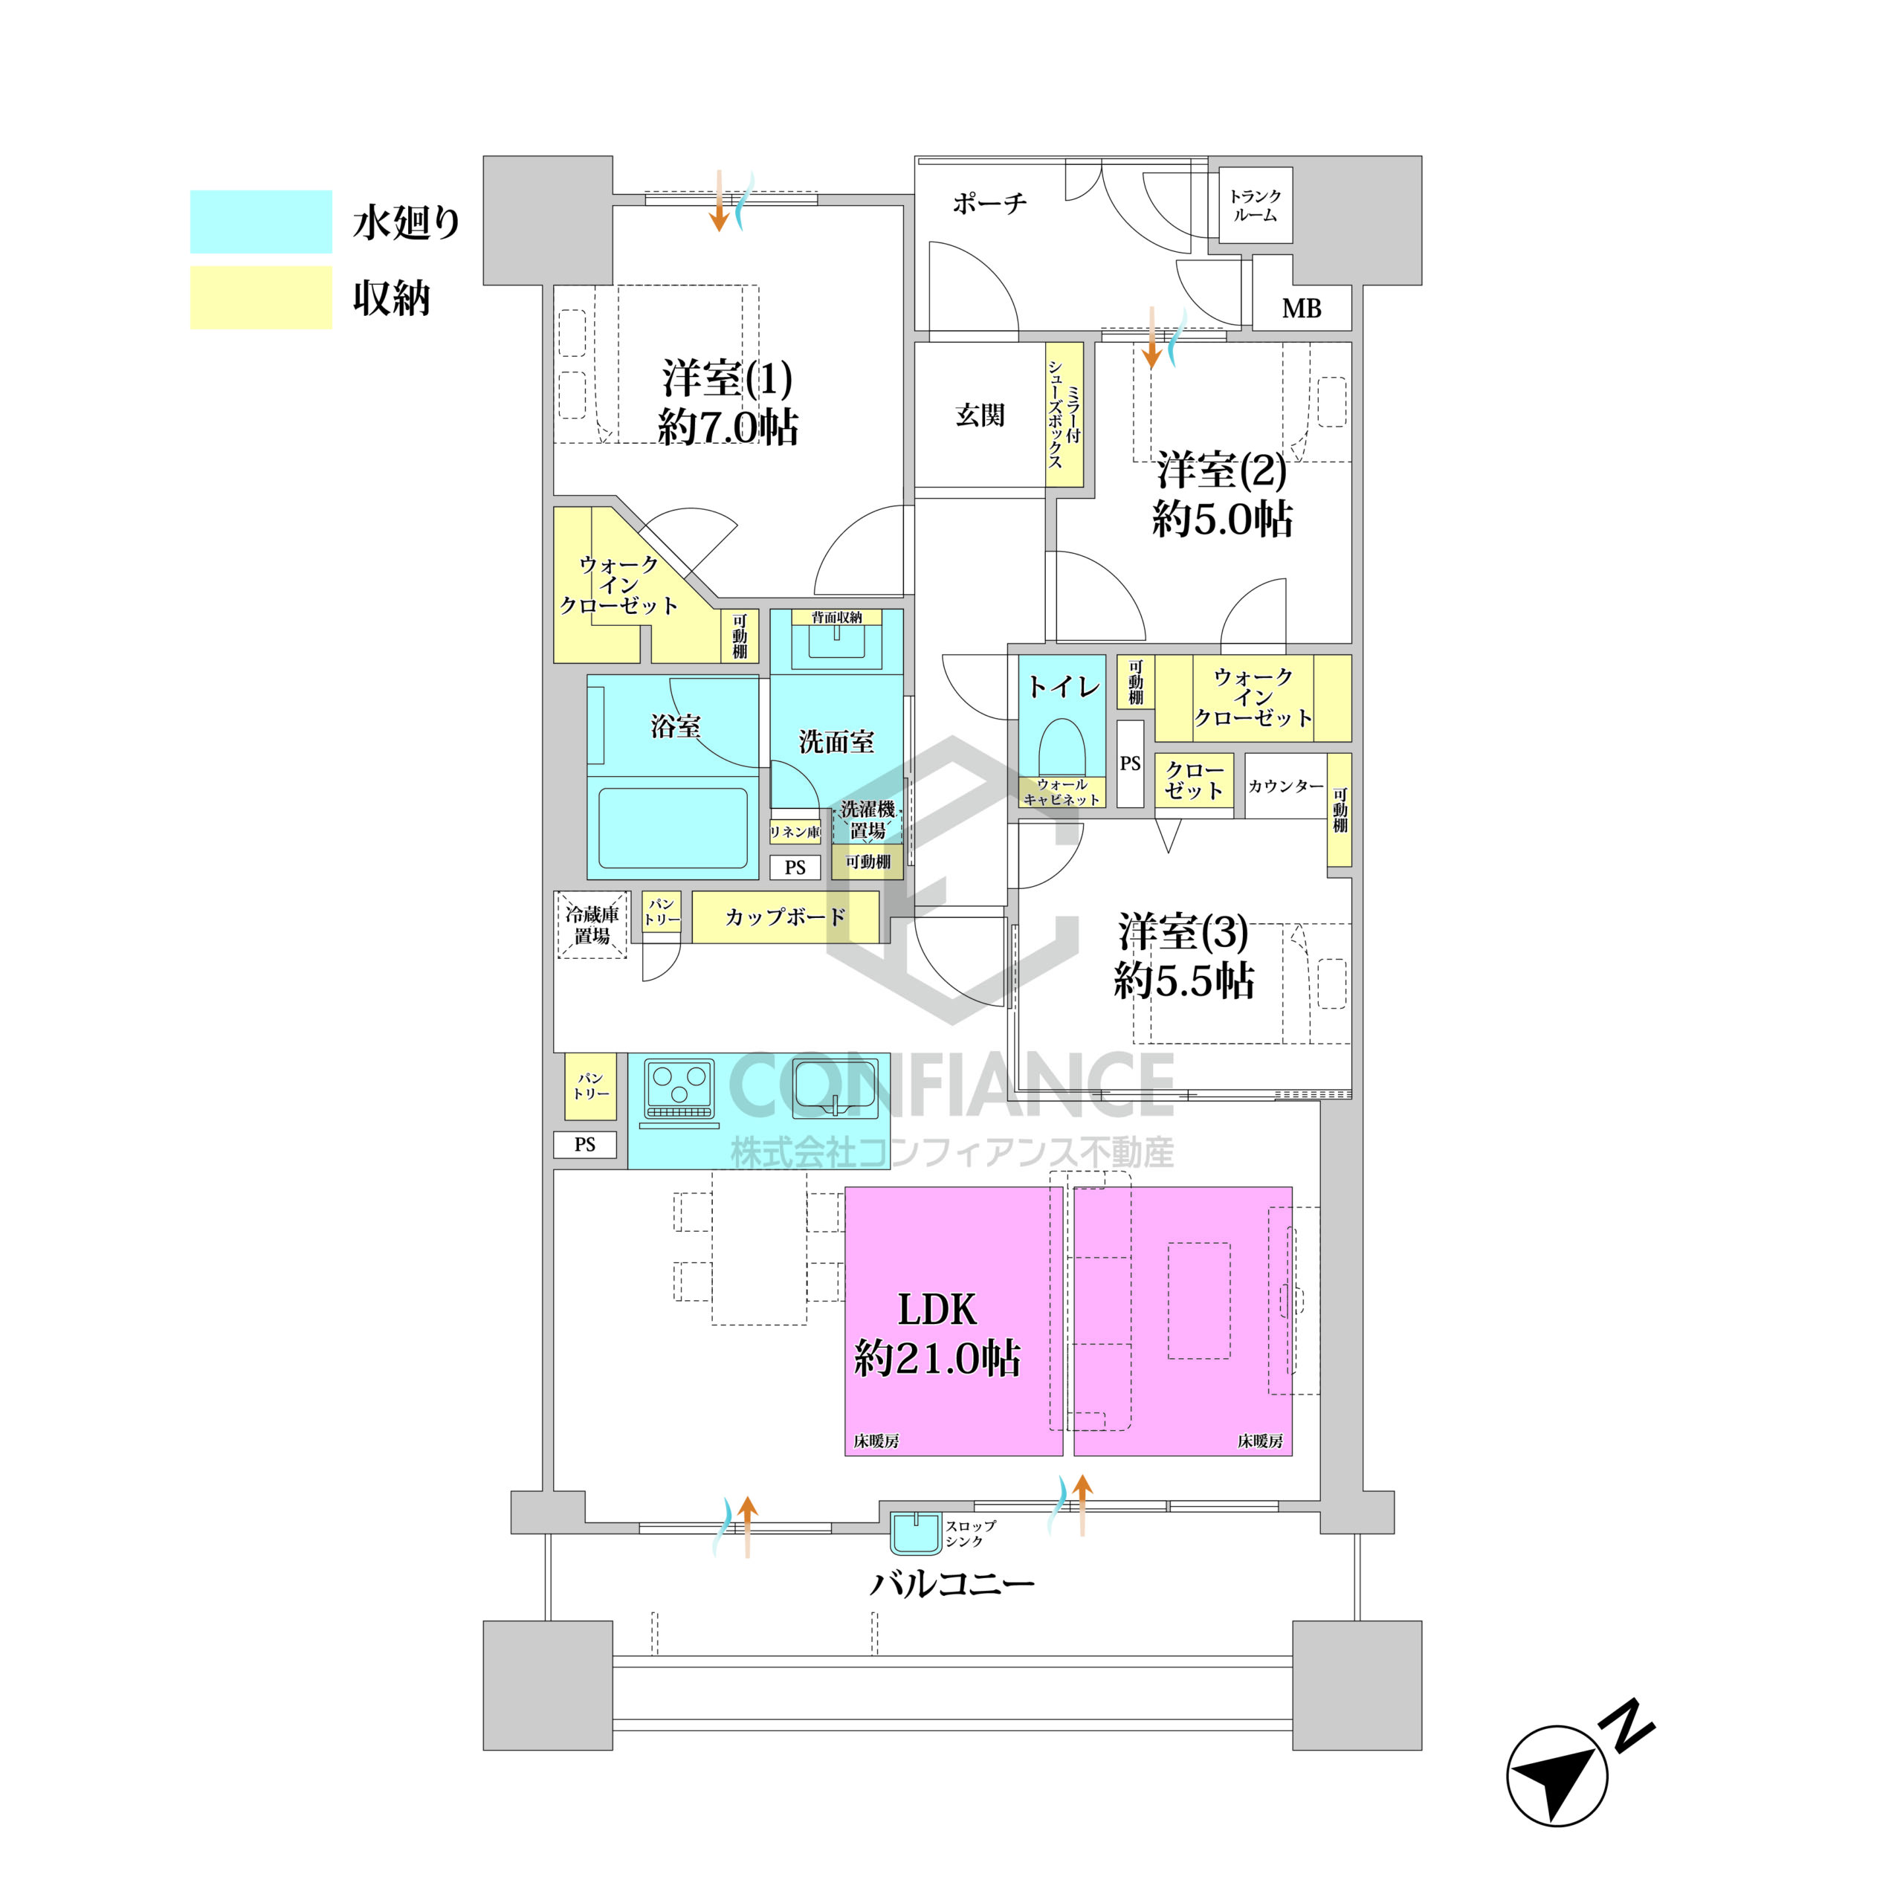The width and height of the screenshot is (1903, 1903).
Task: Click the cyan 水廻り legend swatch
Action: (x=261, y=222)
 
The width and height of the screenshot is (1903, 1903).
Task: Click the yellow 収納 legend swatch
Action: (x=261, y=297)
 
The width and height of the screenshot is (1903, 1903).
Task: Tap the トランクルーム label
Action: (x=1255, y=206)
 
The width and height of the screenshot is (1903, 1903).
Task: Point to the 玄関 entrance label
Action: (x=980, y=415)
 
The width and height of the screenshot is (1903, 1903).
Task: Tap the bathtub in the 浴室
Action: (x=673, y=827)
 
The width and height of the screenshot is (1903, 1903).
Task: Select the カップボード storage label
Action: (x=785, y=917)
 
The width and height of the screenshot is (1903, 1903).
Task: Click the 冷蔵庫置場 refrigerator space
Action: (x=592, y=925)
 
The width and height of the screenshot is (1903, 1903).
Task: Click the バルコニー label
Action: (x=951, y=1585)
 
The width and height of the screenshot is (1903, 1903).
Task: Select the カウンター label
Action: (x=1285, y=786)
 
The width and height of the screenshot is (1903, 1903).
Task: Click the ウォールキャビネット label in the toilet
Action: (x=1062, y=792)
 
